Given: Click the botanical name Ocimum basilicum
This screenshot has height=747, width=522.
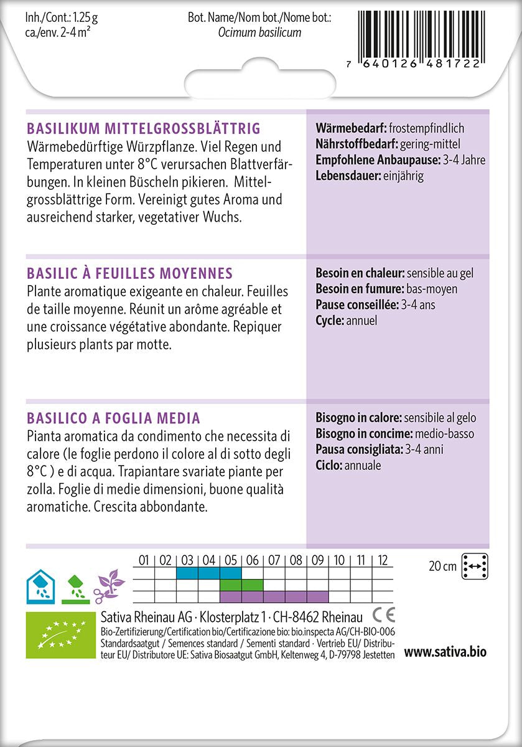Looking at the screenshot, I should pyautogui.click(x=259, y=32).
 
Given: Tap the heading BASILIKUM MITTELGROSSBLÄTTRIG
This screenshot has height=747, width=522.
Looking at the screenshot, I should pyautogui.click(x=143, y=129).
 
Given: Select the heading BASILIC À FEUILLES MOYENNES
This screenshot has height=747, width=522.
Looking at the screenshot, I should pyautogui.click(x=130, y=273).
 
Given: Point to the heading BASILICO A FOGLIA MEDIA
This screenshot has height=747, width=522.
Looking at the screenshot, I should pyautogui.click(x=113, y=418).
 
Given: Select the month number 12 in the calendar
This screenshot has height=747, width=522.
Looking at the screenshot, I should pyautogui.click(x=383, y=560).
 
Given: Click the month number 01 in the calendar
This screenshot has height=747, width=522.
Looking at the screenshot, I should pyautogui.click(x=144, y=560).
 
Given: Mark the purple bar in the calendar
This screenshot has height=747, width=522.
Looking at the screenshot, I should pyautogui.click(x=274, y=597).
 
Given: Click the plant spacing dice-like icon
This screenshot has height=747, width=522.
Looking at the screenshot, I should pyautogui.click(x=475, y=566).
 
